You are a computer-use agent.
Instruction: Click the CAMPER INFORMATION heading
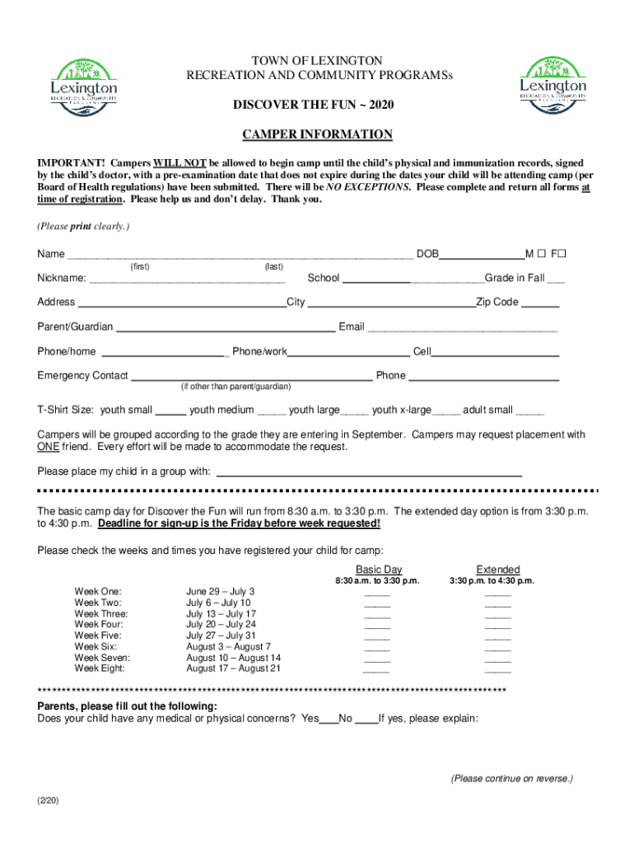[317, 134]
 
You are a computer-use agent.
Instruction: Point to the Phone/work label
[259, 352]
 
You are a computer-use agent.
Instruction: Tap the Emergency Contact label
[82, 376]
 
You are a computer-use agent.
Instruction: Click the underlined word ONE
[48, 448]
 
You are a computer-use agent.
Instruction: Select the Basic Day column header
[379, 570]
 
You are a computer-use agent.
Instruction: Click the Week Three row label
[101, 614]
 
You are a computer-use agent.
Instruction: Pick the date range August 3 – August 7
[228, 647]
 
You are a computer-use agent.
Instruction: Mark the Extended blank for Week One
[498, 593]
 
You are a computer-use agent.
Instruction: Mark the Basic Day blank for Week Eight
[376, 670]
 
